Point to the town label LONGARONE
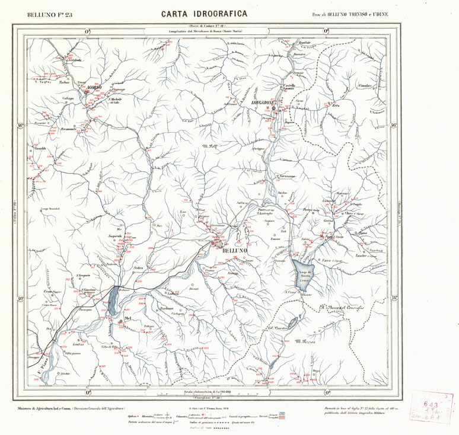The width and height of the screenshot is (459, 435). click(264, 104)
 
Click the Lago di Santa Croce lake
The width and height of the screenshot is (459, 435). click(304, 274)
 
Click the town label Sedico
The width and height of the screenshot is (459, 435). click(139, 268)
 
